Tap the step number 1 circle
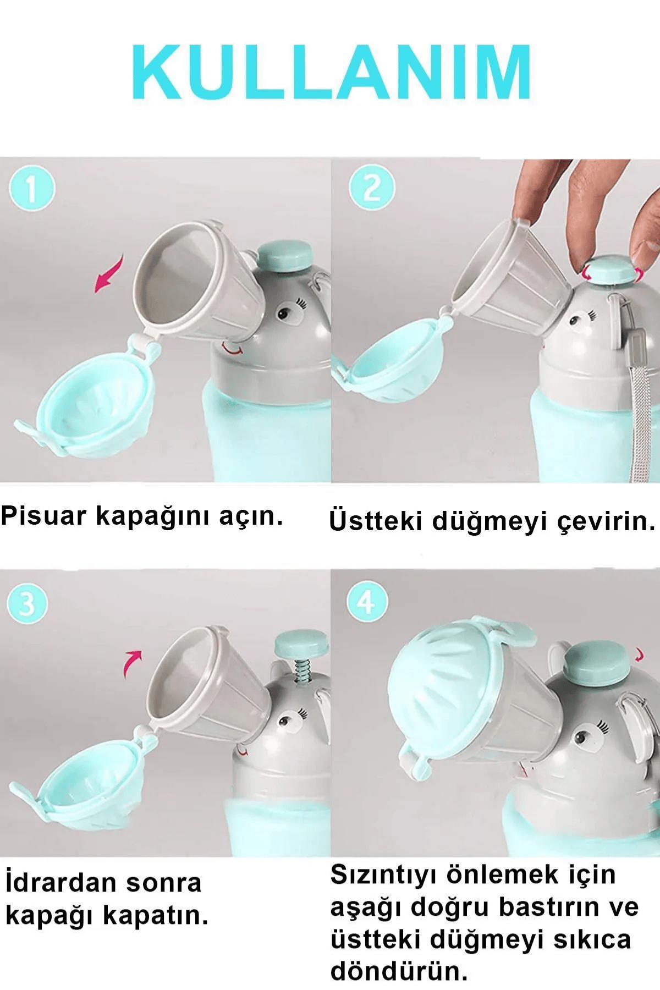pyautogui.click(x=32, y=189)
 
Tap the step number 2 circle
pyautogui.click(x=372, y=188)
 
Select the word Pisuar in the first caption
pyautogui.click(x=44, y=516)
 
